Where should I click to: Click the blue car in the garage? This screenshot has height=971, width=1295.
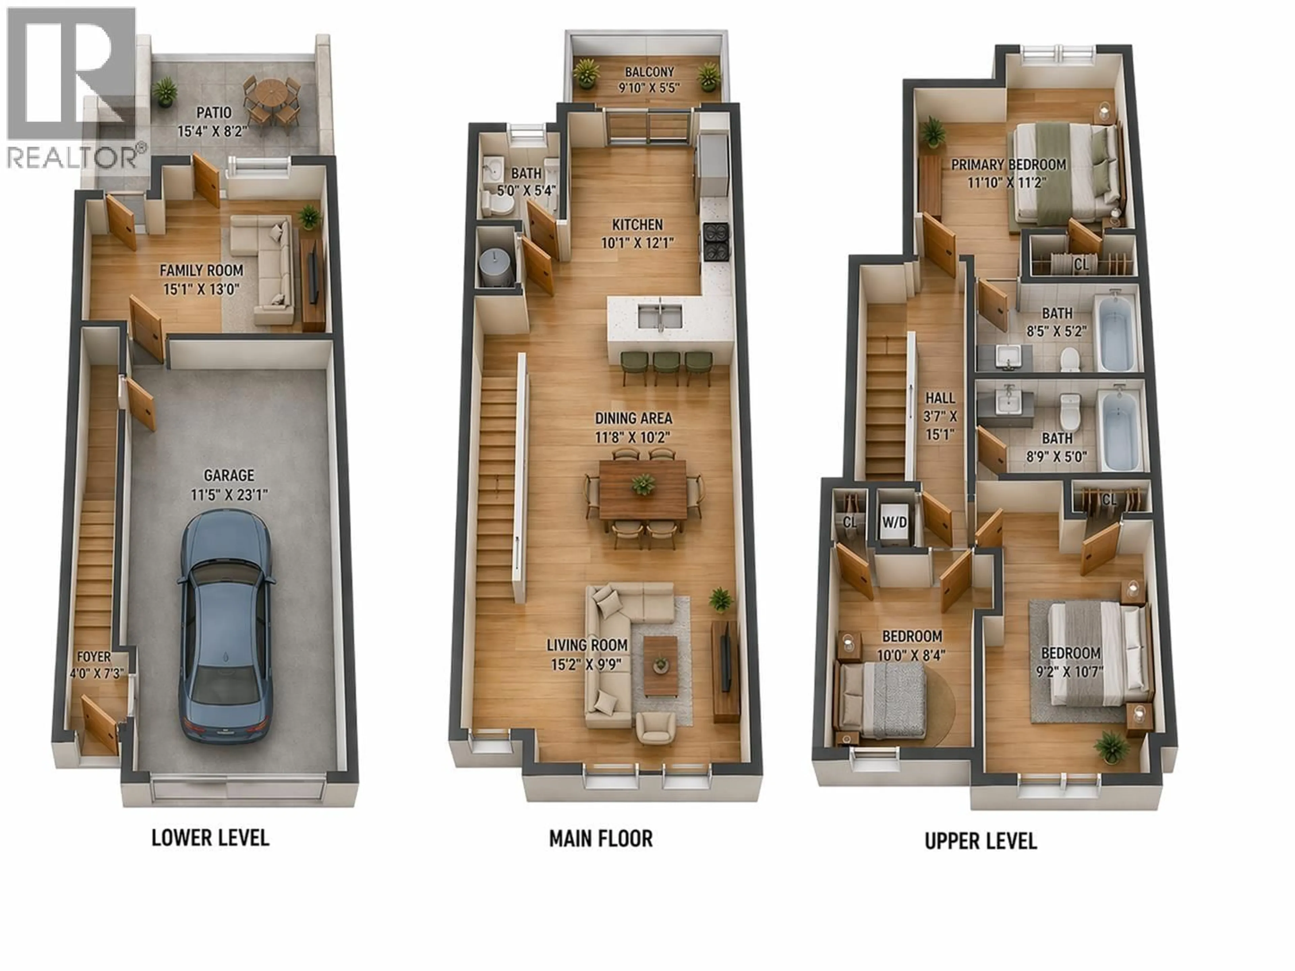pyautogui.click(x=225, y=626)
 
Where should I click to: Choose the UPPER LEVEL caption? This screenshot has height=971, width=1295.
pyautogui.click(x=981, y=841)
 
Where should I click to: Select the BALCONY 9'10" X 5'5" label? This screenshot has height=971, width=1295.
pyautogui.click(x=649, y=80)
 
